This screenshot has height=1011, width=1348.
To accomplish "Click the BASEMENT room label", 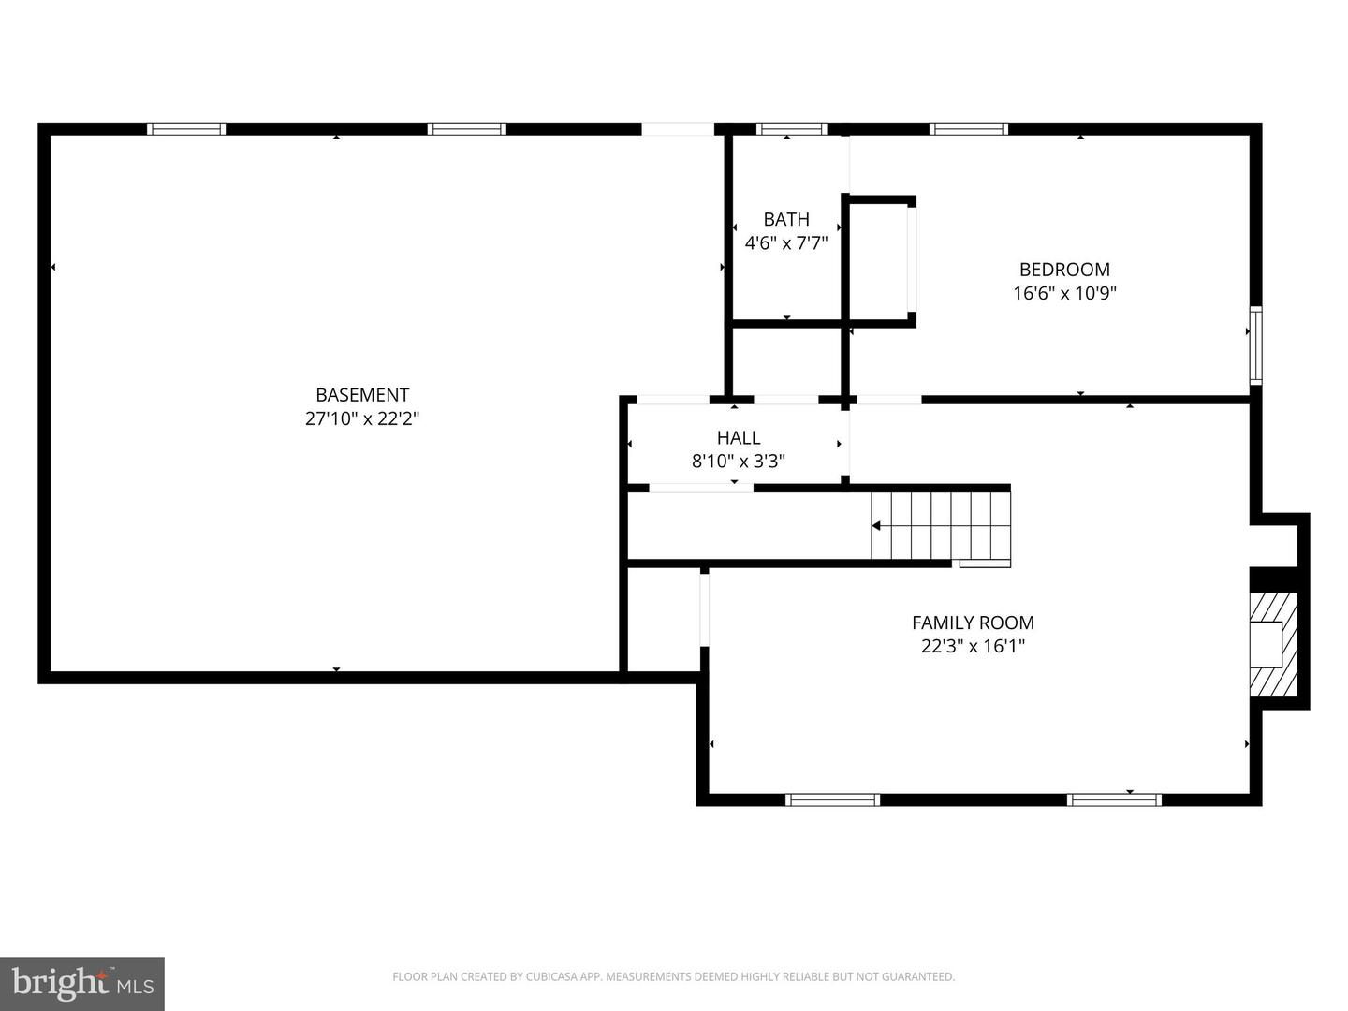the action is click(x=362, y=395).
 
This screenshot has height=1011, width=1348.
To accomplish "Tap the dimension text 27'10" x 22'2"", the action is click(x=362, y=418).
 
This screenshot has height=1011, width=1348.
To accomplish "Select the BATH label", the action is click(x=786, y=219).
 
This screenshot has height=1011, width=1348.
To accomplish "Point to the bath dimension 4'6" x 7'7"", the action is click(x=786, y=243).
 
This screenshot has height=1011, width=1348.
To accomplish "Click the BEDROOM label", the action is click(x=1064, y=270).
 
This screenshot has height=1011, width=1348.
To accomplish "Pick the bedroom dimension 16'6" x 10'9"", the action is click(x=1064, y=293).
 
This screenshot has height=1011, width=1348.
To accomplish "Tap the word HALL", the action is click(x=739, y=438).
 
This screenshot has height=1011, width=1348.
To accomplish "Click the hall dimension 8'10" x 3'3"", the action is click(x=739, y=461).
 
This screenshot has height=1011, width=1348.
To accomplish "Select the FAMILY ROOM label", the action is click(x=973, y=623).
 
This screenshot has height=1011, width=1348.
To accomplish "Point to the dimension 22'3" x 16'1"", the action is click(x=973, y=646).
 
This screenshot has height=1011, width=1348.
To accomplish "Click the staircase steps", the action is click(x=941, y=526).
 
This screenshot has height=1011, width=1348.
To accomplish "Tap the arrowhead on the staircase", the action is click(x=876, y=526).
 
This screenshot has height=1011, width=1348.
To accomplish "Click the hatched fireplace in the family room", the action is click(x=1273, y=645).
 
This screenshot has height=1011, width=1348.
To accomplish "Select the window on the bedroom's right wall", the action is click(x=1256, y=345).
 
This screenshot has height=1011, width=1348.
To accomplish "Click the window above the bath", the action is click(x=791, y=129).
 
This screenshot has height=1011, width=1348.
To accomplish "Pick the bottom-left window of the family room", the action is click(x=832, y=799).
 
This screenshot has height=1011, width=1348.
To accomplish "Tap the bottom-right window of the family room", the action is click(x=1113, y=799).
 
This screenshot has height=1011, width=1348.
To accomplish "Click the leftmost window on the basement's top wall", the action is click(x=186, y=129).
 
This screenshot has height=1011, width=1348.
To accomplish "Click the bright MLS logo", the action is click(x=82, y=984).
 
